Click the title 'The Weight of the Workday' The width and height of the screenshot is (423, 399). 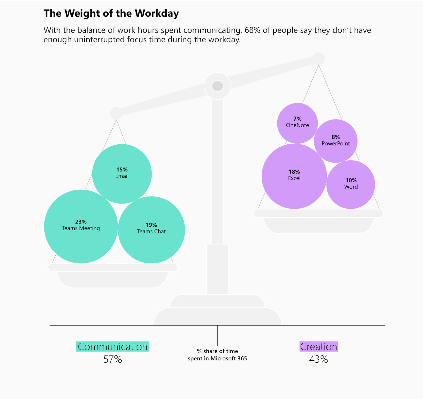(x=111, y=13)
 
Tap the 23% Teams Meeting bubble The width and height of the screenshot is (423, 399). (x=81, y=226)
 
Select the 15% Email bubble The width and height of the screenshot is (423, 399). (x=122, y=173)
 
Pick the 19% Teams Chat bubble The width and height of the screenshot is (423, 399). (x=151, y=229)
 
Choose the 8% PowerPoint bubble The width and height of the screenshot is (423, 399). (x=335, y=141)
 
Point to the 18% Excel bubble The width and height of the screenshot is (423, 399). (x=294, y=176)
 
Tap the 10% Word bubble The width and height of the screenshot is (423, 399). (x=351, y=184)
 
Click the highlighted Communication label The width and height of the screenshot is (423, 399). (x=113, y=346)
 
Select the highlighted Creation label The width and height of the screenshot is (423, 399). (x=319, y=346)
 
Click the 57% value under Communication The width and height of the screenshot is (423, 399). (x=113, y=359)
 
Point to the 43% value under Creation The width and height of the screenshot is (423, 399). (x=319, y=359)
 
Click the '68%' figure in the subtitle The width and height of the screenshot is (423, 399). (x=252, y=30)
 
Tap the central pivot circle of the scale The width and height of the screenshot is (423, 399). (x=217, y=86)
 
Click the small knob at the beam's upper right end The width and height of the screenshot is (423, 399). (x=319, y=58)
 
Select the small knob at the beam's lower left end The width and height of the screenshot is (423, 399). (x=116, y=113)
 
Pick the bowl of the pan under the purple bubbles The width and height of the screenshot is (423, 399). (x=319, y=225)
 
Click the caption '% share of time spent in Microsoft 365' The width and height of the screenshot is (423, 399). (x=217, y=355)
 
